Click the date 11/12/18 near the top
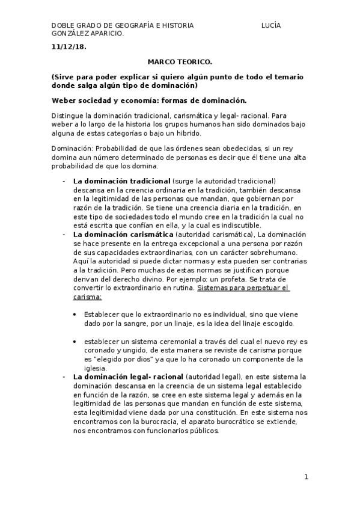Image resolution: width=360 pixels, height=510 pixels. pyautogui.click(x=69, y=46)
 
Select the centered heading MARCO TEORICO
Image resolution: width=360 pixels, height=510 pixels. pyautogui.click(x=180, y=62)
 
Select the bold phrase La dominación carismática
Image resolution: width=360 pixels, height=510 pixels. pyautogui.click(x=123, y=233)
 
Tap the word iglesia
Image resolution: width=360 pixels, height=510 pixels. pyautogui.click(x=96, y=368)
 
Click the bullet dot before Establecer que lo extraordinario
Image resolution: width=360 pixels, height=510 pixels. pyautogui.click(x=75, y=315)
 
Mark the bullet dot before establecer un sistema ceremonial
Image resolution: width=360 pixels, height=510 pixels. pyautogui.click(x=75, y=341)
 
